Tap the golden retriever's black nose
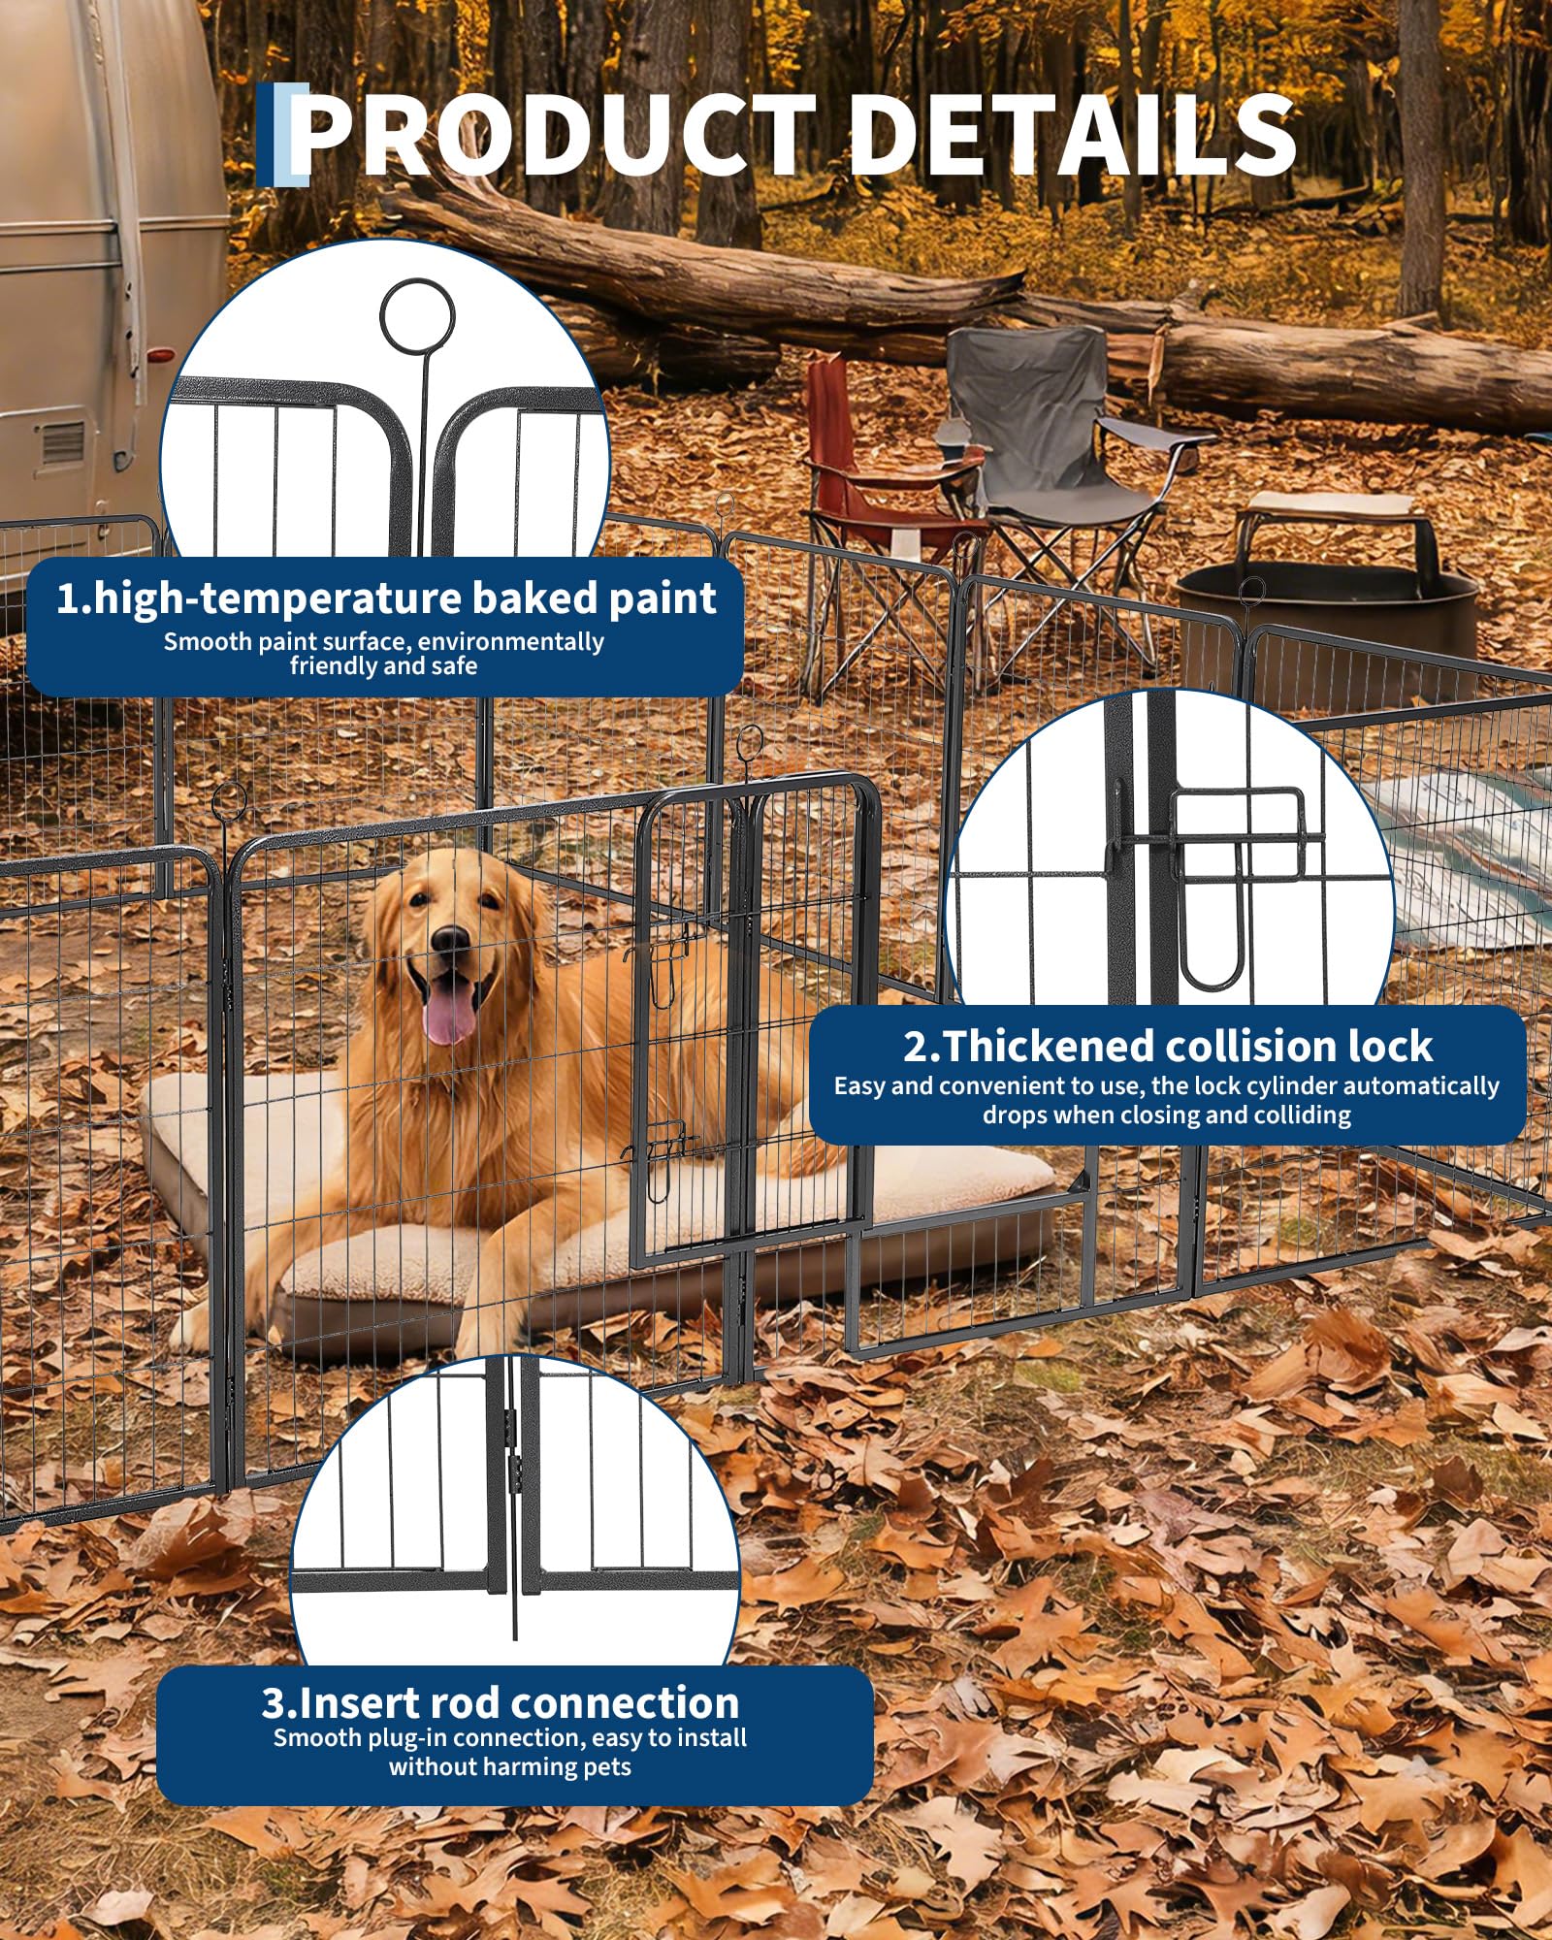pos(450,938)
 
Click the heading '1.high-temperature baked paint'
pos(386,598)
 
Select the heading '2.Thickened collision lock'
pos(1168,1047)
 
